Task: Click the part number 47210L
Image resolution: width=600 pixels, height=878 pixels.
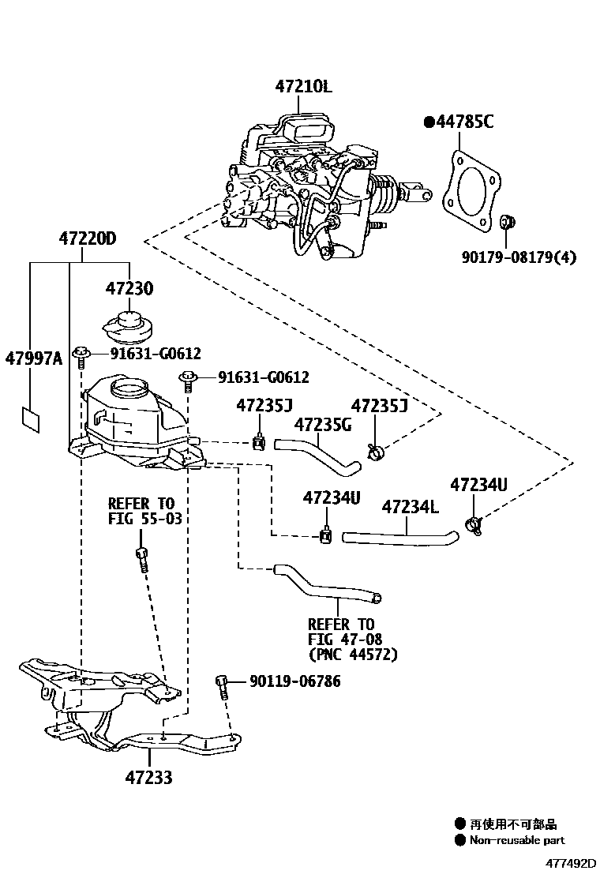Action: [304, 87]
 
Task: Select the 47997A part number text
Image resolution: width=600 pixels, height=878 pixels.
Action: [33, 359]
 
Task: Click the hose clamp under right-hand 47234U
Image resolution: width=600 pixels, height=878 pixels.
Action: [474, 522]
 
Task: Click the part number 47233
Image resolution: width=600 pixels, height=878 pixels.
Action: [148, 778]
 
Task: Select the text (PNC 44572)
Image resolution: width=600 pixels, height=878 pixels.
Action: [352, 655]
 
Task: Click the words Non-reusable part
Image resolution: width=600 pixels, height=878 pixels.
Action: [517, 841]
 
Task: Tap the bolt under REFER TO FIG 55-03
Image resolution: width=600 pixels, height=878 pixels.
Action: [142, 558]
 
